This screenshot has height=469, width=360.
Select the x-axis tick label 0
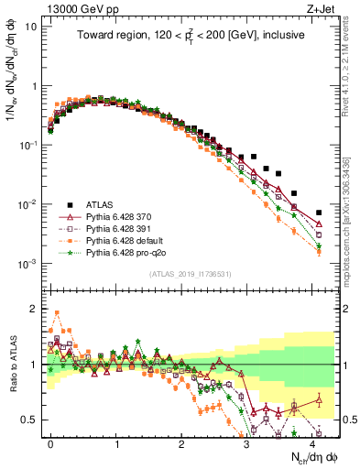coord(51,442)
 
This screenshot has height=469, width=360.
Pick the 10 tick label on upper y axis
coord(30,26)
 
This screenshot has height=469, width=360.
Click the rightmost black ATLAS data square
coord(319,213)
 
